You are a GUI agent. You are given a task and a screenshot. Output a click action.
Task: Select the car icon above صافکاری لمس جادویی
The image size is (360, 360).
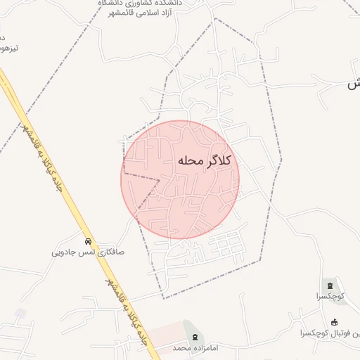tap(88, 239)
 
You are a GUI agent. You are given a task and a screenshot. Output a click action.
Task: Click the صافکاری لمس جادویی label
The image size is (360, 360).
tap(88, 250)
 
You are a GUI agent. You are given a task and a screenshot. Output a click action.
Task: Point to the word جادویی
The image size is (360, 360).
tap(65, 250)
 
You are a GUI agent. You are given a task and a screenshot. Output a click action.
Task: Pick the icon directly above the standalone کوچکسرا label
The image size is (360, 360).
tap(330, 285)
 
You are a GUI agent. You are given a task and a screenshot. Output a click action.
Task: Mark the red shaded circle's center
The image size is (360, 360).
tap(181, 179)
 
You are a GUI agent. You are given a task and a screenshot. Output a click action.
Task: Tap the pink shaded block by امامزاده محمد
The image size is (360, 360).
tap(162, 330)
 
